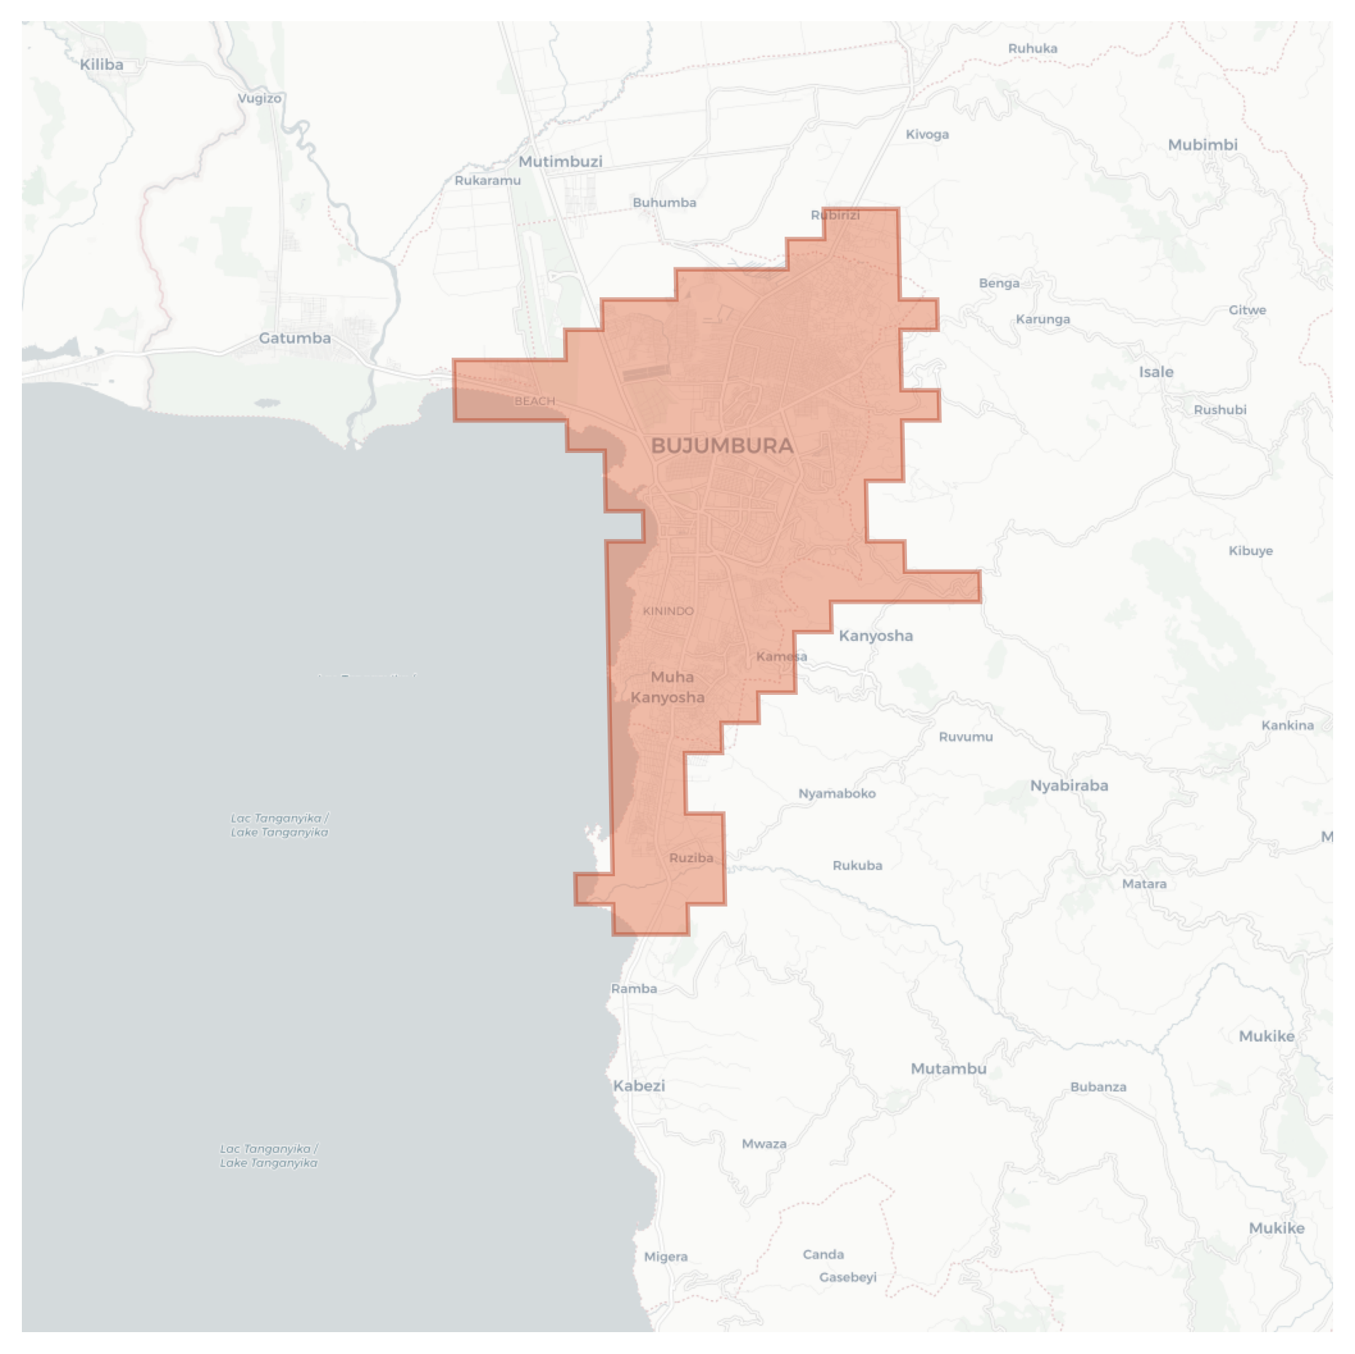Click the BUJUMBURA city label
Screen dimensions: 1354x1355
tap(722, 446)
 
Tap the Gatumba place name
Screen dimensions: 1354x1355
tap(295, 338)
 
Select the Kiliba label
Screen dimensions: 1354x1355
tap(101, 65)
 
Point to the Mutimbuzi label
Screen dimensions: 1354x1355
tap(560, 162)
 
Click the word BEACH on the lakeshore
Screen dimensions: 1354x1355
tap(535, 401)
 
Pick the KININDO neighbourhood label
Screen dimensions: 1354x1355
tap(668, 611)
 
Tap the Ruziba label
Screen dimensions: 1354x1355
tap(691, 858)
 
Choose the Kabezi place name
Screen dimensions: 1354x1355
tap(639, 1086)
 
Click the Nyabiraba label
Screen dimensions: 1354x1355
tap(1069, 786)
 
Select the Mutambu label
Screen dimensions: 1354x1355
tap(948, 1068)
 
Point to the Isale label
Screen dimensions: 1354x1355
tap(1156, 372)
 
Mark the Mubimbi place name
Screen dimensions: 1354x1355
tap(1202, 145)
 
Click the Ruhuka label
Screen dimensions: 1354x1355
tap(1032, 49)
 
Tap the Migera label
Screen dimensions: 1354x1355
tap(666, 1256)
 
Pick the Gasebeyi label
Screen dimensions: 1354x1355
tap(847, 1277)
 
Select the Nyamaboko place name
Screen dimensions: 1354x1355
tap(837, 793)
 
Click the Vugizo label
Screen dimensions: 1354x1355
tap(259, 98)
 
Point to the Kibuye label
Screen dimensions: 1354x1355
tap(1250, 551)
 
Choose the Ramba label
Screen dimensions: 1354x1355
tap(634, 988)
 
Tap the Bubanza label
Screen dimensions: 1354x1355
tap(1098, 1087)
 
